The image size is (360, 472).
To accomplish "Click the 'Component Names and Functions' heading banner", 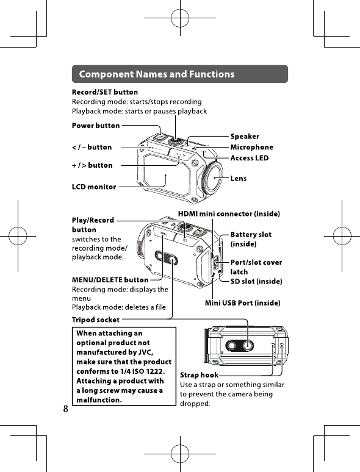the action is pyautogui.click(x=180, y=74).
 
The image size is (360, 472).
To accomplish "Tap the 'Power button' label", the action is pyautogui.click(x=96, y=126).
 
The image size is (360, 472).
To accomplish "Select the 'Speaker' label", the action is pyautogui.click(x=245, y=137).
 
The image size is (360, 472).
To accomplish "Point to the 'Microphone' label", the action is pyautogui.click(x=252, y=147).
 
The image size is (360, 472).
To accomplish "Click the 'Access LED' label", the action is pyautogui.click(x=250, y=158).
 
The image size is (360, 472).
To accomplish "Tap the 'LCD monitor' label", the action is pyautogui.click(x=94, y=187).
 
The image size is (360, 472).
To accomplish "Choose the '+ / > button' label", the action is pyautogui.click(x=92, y=165).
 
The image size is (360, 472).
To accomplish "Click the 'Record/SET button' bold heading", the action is pyautogui.click(x=105, y=92).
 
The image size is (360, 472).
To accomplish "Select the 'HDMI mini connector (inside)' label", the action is pyautogui.click(x=229, y=213).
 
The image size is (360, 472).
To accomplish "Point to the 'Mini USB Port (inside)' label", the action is pyautogui.click(x=242, y=303).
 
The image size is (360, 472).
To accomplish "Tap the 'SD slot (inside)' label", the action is pyautogui.click(x=256, y=281).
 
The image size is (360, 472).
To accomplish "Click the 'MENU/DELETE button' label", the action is pyautogui.click(x=110, y=280).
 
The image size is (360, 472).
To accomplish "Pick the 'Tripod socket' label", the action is pyautogui.click(x=96, y=320).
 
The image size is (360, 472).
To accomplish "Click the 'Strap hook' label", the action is pyautogui.click(x=199, y=375).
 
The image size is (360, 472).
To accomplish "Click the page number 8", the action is pyautogui.click(x=66, y=409).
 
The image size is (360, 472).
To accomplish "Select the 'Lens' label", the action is pyautogui.click(x=239, y=179).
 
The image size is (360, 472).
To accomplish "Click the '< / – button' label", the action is pyautogui.click(x=92, y=147).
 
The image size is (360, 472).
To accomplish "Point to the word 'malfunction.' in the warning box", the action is pyautogui.click(x=99, y=400).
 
